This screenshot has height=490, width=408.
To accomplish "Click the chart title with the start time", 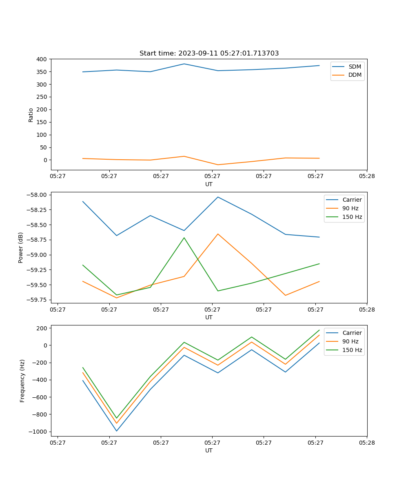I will [x=209, y=53].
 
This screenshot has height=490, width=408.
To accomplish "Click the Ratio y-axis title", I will [x=31, y=115].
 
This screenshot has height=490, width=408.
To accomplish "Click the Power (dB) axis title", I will [x=21, y=247].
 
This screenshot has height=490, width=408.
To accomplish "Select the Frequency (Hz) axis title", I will [x=22, y=381].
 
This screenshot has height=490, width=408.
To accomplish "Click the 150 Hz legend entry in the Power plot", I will [x=352, y=217].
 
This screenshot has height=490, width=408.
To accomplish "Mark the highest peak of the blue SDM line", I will [x=184, y=64].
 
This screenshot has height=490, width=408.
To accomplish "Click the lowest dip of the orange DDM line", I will [x=218, y=165].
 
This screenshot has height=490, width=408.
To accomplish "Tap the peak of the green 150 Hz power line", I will [x=184, y=238].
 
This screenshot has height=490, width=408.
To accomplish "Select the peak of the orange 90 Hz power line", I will [x=218, y=234].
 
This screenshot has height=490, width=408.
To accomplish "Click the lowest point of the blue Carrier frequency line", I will [x=117, y=431].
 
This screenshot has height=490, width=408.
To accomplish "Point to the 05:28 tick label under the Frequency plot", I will [x=366, y=442].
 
